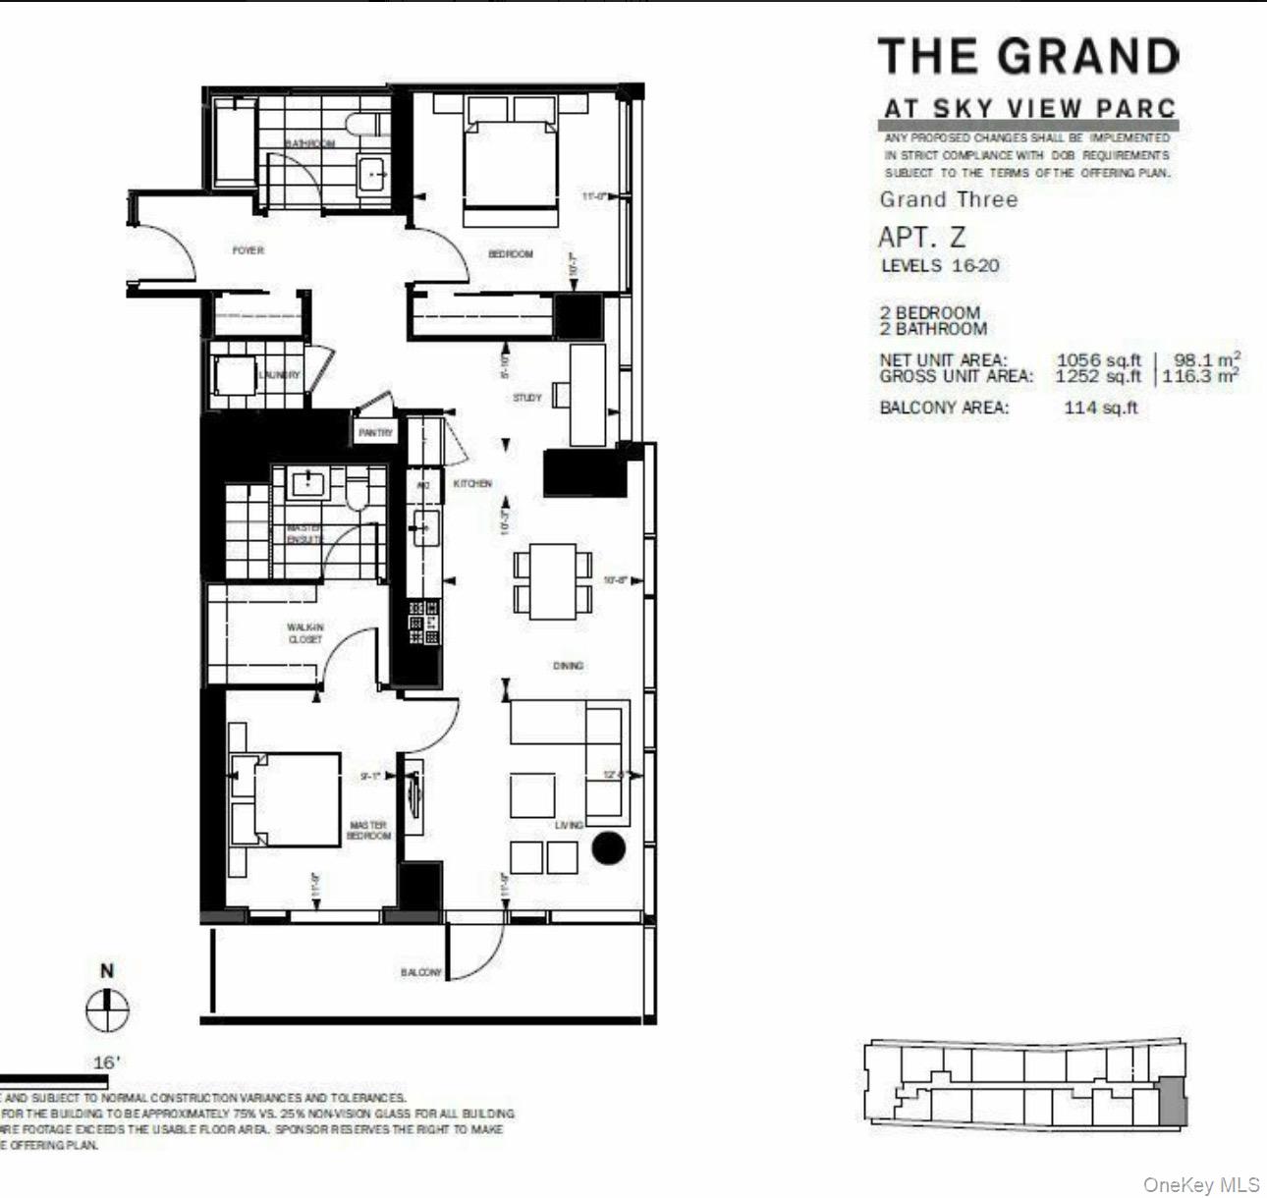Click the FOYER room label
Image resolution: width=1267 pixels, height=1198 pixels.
[248, 250]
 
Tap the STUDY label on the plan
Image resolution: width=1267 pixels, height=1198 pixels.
[527, 398]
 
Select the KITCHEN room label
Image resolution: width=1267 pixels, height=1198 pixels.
[472, 484]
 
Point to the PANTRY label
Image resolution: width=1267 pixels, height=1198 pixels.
[375, 432]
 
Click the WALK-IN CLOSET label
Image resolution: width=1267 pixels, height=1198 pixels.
[304, 633]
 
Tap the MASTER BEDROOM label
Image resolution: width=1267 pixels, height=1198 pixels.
[368, 831]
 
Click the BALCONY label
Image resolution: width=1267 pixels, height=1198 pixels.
[421, 972]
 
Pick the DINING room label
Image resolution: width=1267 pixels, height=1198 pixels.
[568, 666]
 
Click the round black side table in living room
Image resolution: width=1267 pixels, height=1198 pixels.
[608, 848]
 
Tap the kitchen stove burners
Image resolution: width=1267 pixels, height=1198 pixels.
[424, 624]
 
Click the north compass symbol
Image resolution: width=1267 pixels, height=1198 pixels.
[107, 1008]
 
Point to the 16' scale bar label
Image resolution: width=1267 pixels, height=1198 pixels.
[106, 1062]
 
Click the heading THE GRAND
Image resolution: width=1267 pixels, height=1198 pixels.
[1027, 57]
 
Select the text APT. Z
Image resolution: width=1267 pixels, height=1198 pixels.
[922, 238]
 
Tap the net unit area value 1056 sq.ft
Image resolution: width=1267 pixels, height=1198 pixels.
[1098, 360]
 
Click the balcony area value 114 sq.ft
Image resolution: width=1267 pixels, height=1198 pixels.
[1100, 408]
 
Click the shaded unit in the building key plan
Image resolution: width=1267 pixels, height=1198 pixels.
[1173, 1102]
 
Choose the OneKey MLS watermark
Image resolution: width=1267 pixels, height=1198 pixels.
[1200, 1185]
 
